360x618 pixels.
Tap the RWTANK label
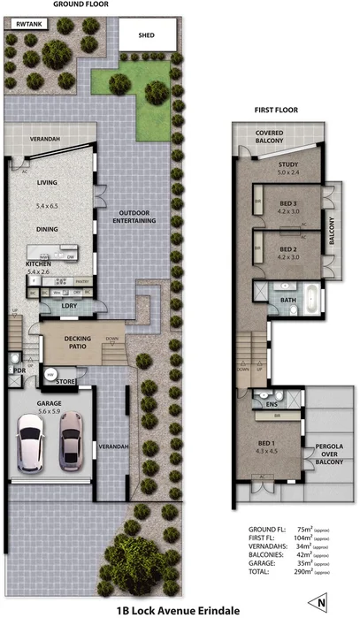coord(25,25)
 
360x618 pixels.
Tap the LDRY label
coord(70,305)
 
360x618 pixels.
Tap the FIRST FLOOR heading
coord(276,111)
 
